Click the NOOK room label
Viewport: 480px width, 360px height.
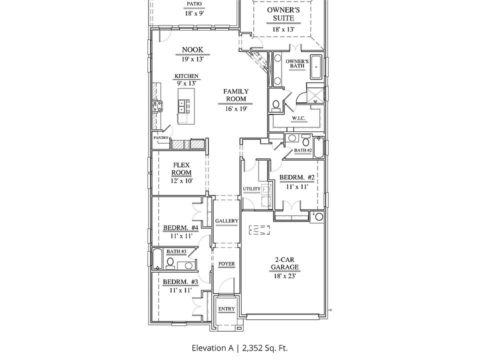192,49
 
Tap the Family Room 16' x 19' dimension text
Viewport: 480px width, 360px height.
235,108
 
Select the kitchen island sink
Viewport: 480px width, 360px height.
183,106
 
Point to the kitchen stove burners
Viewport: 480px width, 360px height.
157,106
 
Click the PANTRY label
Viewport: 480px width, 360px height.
161,138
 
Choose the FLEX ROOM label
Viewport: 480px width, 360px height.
181,169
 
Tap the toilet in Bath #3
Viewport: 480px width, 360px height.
170,263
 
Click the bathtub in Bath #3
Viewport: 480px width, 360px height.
157,259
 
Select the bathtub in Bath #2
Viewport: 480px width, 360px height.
318,147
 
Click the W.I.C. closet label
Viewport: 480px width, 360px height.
298,118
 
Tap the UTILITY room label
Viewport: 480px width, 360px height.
251,189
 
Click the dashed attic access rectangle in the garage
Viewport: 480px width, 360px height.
259,230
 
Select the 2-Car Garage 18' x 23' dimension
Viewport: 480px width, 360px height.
284,276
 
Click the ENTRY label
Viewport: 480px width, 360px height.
226,309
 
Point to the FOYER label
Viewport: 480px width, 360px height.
226,263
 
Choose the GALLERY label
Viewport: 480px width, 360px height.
226,220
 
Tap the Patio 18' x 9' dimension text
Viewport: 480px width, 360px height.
194,13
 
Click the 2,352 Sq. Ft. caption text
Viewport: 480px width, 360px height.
265,348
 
